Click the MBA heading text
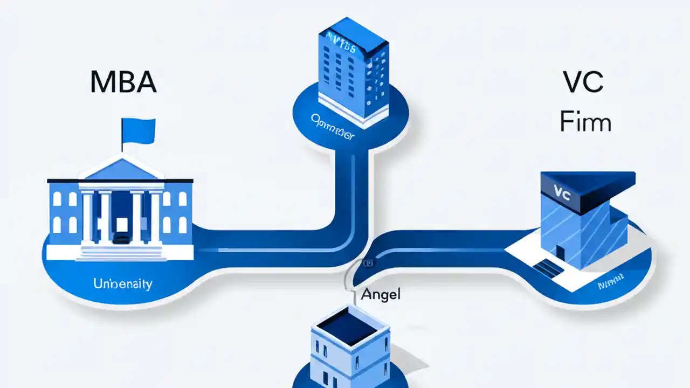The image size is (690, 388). pyautogui.click(x=123, y=82)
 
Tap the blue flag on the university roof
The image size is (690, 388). pyautogui.click(x=139, y=130)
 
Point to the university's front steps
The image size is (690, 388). pyautogui.click(x=121, y=251)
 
